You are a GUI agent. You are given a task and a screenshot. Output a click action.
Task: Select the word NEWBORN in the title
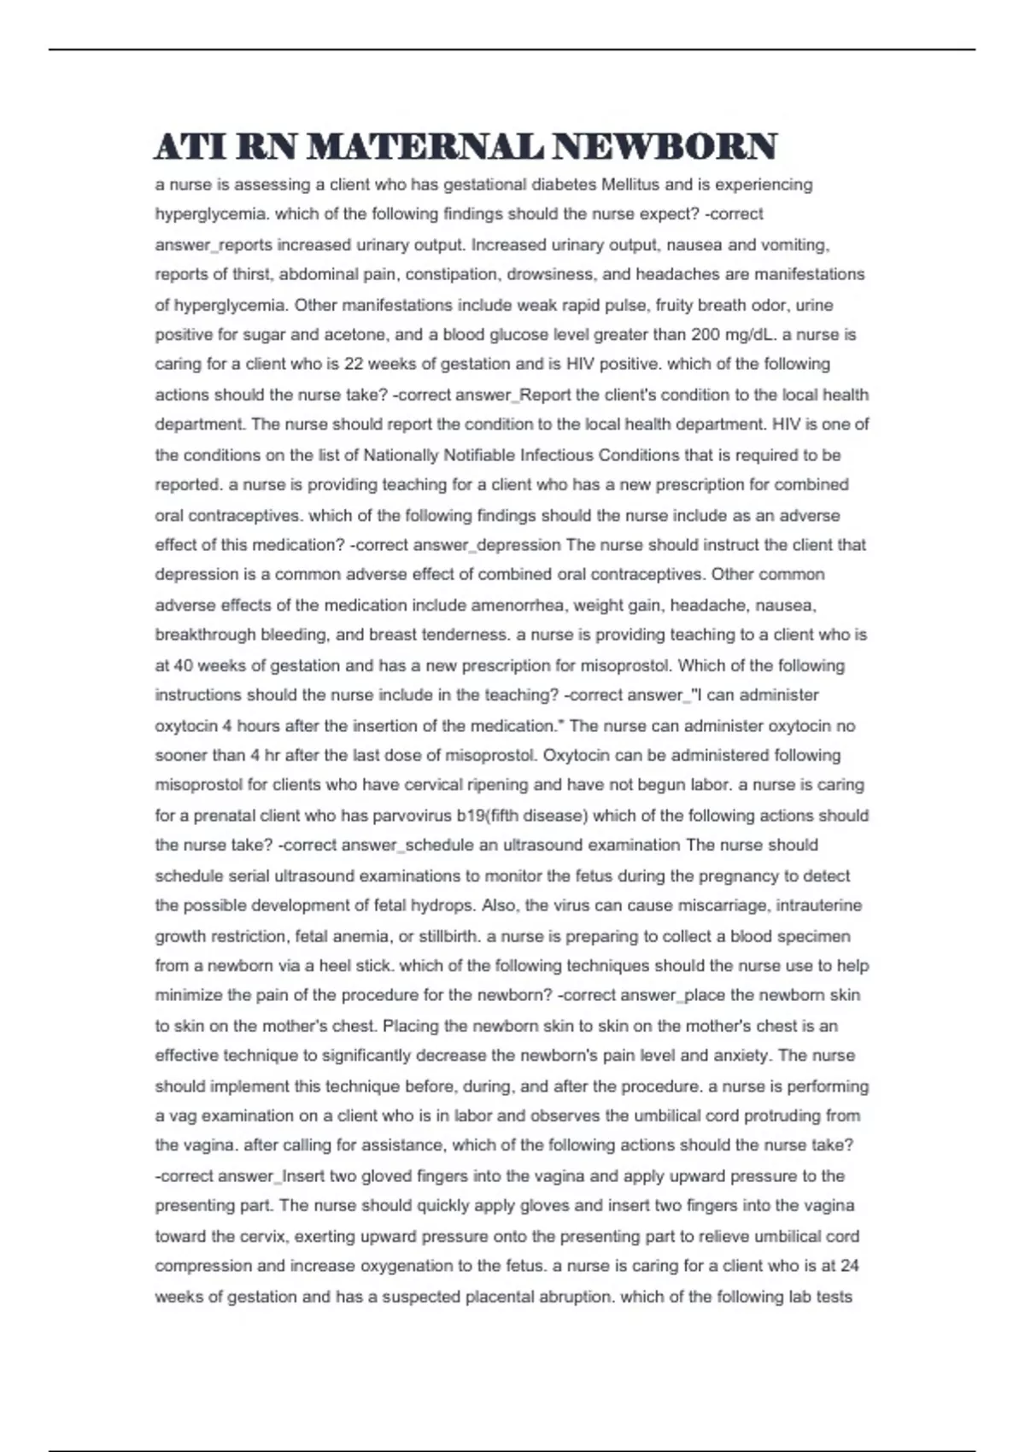click(x=665, y=147)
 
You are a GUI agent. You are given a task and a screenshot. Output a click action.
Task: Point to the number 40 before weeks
click(x=183, y=665)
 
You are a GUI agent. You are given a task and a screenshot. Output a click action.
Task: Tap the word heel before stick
click(x=334, y=966)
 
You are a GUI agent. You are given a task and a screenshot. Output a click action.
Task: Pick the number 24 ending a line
click(x=849, y=1266)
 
